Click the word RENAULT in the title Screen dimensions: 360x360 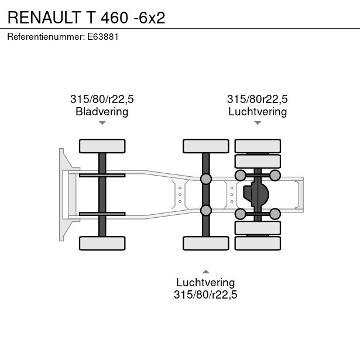pos(44,18)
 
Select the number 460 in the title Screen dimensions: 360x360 pos(114,18)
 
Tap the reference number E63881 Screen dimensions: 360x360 pos(102,37)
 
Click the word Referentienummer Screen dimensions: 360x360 pos(46,37)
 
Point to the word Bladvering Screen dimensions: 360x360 pos(102,112)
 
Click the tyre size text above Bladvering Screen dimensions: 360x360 pos(102,99)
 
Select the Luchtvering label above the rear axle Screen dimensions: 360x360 pos(258,112)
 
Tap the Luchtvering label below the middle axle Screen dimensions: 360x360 pos(205,282)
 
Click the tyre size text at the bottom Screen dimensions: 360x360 pos(205,294)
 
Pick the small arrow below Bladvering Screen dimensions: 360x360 pos(102,123)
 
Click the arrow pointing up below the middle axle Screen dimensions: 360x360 pos(206,272)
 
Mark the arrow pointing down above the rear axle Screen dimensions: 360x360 pos(258,123)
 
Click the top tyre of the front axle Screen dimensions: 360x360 pos(102,146)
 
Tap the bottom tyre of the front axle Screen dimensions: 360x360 pos(102,243)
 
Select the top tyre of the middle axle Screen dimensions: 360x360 pos(206,146)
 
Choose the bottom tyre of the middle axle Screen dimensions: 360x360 pos(206,243)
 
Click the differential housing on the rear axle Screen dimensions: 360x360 pos(256,194)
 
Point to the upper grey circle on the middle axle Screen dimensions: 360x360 pos(206,179)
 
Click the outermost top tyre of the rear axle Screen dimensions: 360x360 pos(258,146)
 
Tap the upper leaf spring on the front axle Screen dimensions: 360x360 pos(102,176)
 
